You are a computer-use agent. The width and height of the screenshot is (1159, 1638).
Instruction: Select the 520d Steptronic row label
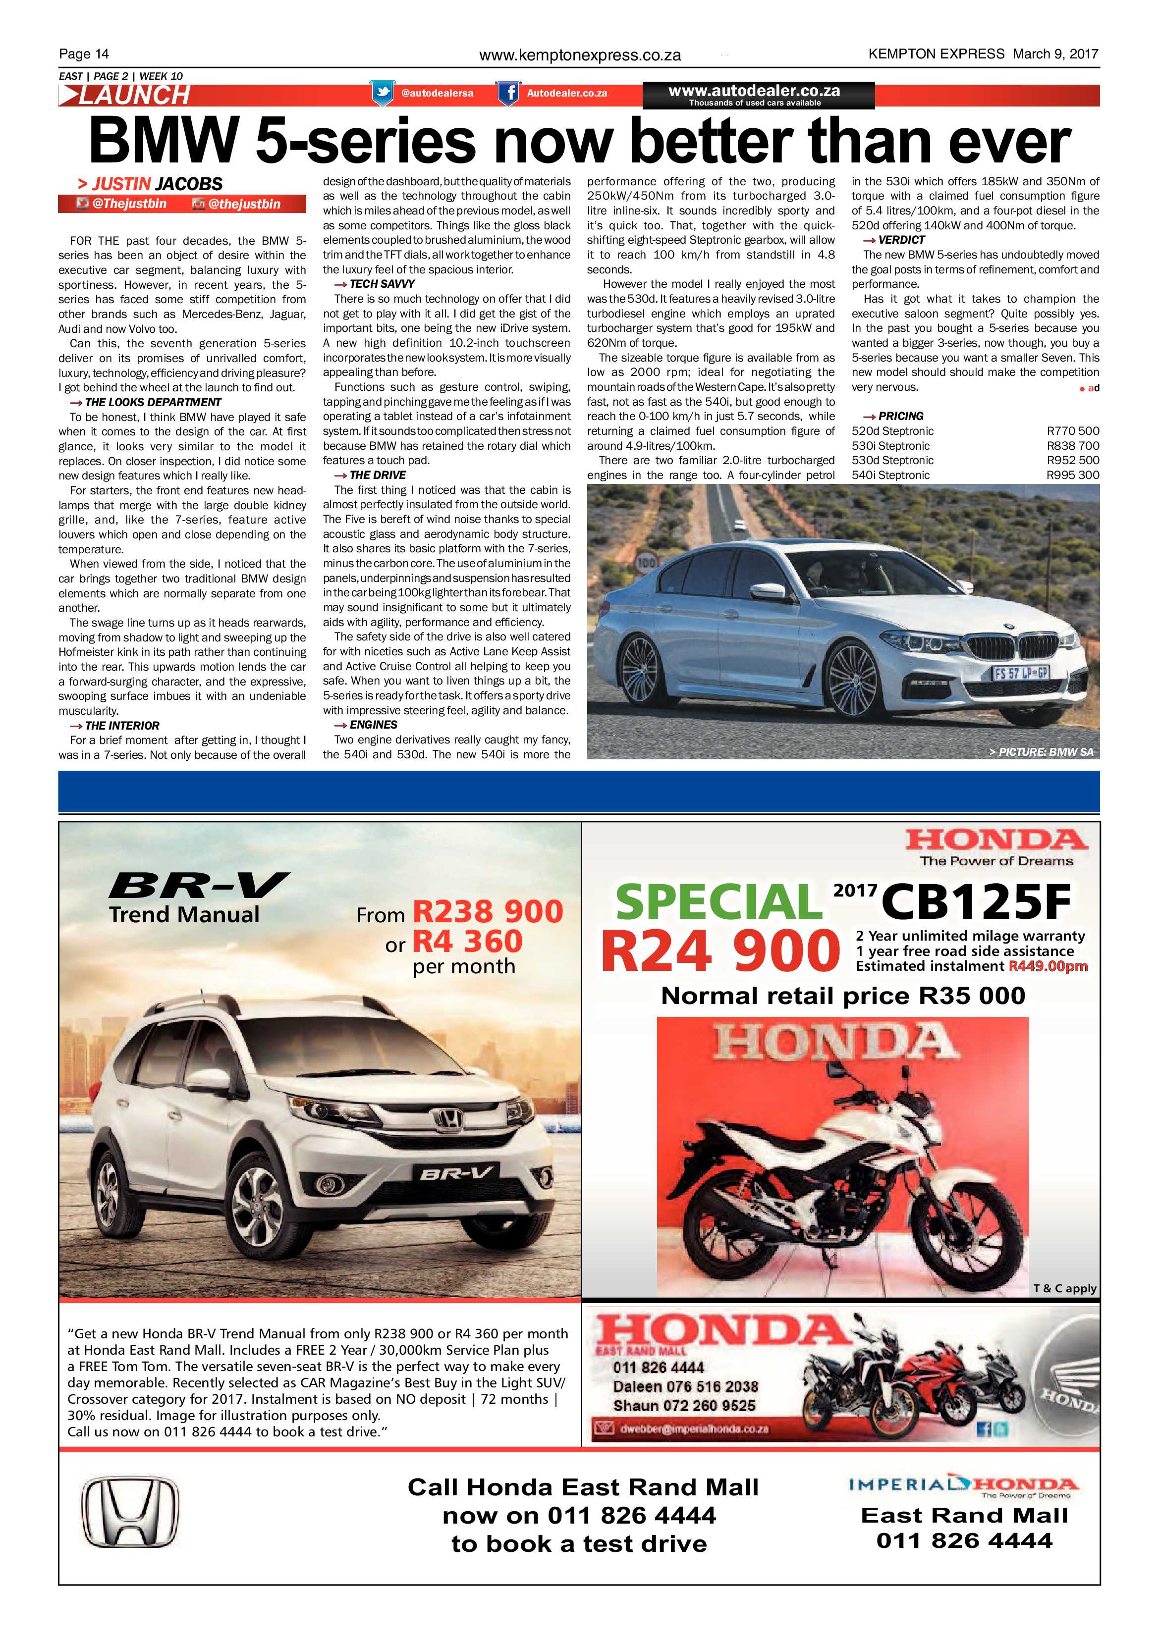coord(892,431)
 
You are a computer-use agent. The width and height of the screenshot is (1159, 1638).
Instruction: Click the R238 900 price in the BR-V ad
coord(488,912)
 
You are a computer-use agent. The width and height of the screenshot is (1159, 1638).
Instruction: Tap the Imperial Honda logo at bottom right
coord(963,1487)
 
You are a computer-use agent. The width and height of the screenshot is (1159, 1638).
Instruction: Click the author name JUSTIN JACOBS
coord(157,184)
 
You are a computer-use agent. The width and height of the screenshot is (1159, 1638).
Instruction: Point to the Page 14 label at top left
coord(84,53)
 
